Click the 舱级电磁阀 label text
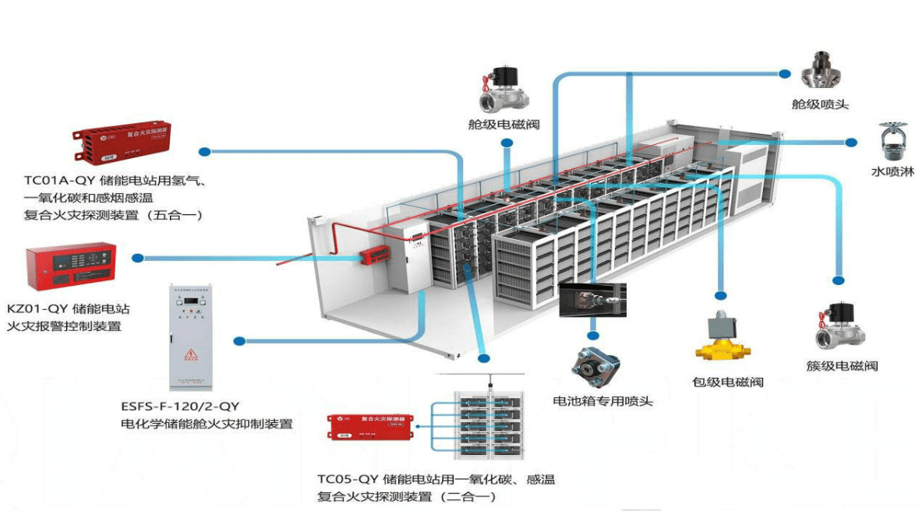[x=503, y=125]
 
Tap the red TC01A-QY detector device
[x=125, y=141]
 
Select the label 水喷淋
[x=892, y=172]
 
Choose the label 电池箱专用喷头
[x=602, y=402]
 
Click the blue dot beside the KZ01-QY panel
[x=139, y=258]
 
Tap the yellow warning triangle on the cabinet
[x=189, y=356]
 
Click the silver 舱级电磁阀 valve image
[x=503, y=88]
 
